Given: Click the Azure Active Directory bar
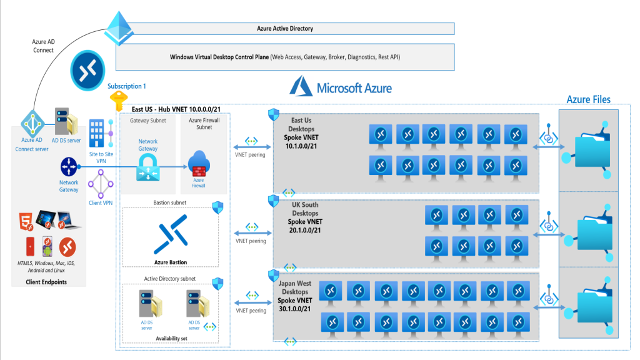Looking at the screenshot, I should tap(285, 29).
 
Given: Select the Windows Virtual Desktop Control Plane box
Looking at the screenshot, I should tap(285, 57).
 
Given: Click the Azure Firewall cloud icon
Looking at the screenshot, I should tap(198, 164).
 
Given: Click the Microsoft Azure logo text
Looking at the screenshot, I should tap(341, 87).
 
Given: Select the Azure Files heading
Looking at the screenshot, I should tap(588, 99).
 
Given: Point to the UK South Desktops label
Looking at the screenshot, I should tap(305, 209).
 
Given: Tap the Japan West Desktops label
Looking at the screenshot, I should tap(295, 287).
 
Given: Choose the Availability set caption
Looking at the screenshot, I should tap(171, 338).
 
